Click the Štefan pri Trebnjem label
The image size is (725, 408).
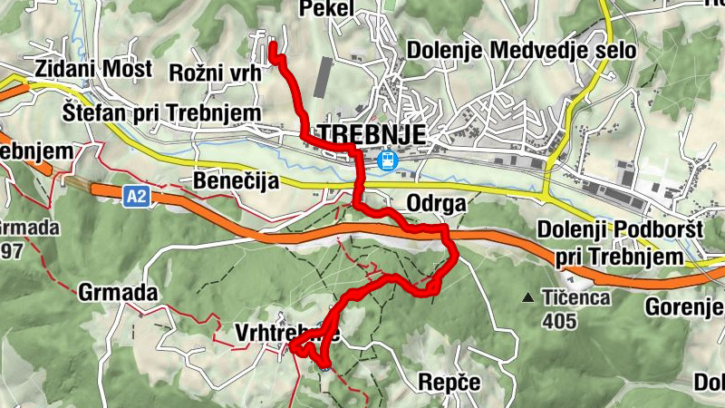[162, 112]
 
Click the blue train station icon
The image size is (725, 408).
[386, 160]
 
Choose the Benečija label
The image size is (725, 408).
[236, 181]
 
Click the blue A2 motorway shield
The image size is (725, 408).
[137, 196]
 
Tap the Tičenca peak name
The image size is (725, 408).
[575, 296]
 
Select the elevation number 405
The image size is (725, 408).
[559, 319]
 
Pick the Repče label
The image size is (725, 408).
[449, 383]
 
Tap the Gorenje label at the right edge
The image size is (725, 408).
[684, 307]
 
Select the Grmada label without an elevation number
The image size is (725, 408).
[119, 293]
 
